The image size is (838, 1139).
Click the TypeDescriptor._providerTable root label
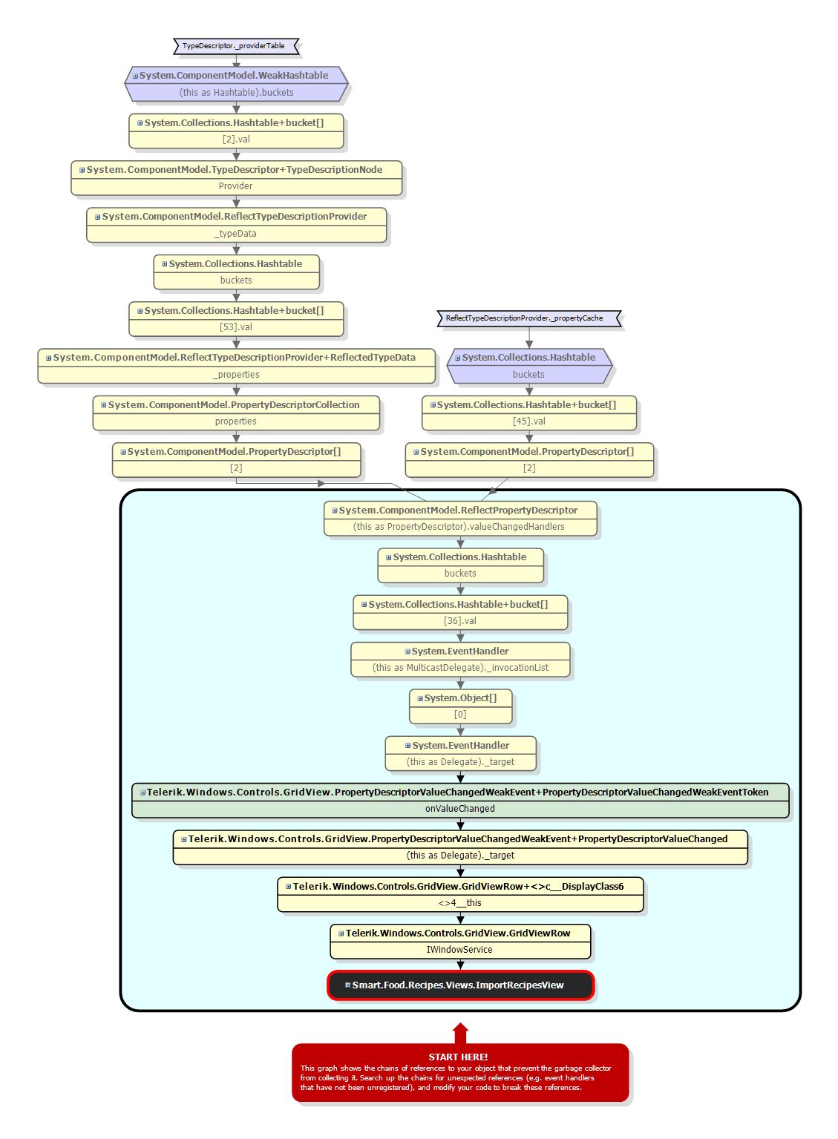pos(234,46)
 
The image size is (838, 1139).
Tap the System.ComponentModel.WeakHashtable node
pos(235,76)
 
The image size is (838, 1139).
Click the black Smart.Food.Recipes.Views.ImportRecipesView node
pos(460,985)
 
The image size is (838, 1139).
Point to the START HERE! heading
pos(458,1057)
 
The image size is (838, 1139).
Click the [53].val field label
pos(236,327)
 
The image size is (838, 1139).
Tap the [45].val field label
pos(529,421)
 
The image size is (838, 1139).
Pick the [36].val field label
pos(460,621)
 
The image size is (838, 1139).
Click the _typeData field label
pos(236,234)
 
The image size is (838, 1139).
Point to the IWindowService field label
pos(459,950)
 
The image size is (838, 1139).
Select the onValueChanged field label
pos(460,809)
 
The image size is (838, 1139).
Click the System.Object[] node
pos(460,698)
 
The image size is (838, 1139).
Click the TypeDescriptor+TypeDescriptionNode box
pos(235,171)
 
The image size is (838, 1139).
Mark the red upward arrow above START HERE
pos(460,1033)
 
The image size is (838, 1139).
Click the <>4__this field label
pos(460,903)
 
